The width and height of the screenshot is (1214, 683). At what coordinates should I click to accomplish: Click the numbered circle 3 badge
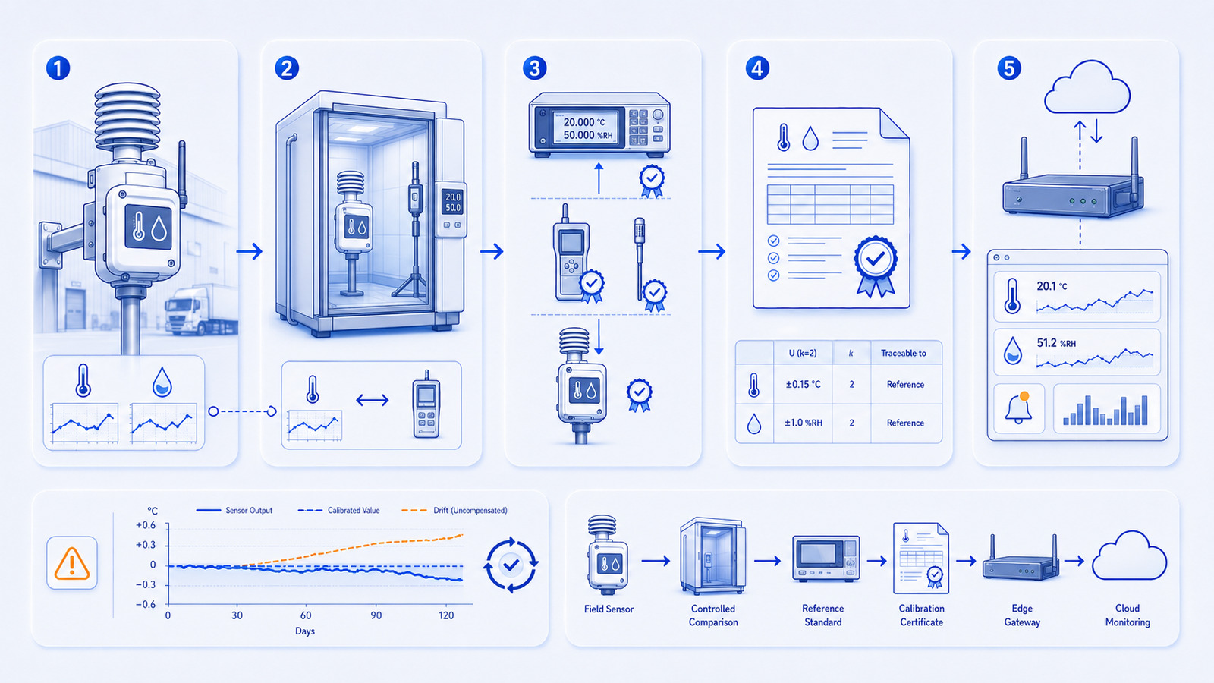[534, 69]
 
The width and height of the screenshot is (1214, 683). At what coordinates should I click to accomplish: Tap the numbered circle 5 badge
[1009, 69]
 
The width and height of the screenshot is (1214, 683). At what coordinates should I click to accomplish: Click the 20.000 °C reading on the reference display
[583, 122]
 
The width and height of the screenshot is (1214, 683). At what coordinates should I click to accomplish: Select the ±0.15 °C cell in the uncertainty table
[804, 384]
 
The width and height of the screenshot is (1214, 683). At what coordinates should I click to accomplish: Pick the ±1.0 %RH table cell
[804, 423]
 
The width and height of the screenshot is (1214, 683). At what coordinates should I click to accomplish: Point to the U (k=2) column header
[803, 354]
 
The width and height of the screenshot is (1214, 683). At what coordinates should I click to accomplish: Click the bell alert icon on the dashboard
[1018, 408]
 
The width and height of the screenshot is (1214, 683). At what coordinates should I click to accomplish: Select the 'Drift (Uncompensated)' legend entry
[454, 511]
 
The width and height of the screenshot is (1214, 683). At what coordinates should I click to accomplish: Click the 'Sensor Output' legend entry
[234, 511]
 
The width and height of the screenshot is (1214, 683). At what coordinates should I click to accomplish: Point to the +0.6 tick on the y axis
[146, 525]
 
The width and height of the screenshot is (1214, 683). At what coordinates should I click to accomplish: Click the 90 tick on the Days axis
[376, 615]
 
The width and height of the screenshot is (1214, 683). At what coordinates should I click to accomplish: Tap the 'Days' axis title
[305, 631]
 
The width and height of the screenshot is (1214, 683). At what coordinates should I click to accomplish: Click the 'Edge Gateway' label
[1022, 615]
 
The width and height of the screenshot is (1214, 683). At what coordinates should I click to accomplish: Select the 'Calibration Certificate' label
[921, 615]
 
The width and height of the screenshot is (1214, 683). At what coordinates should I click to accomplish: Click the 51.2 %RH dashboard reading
[1056, 343]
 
